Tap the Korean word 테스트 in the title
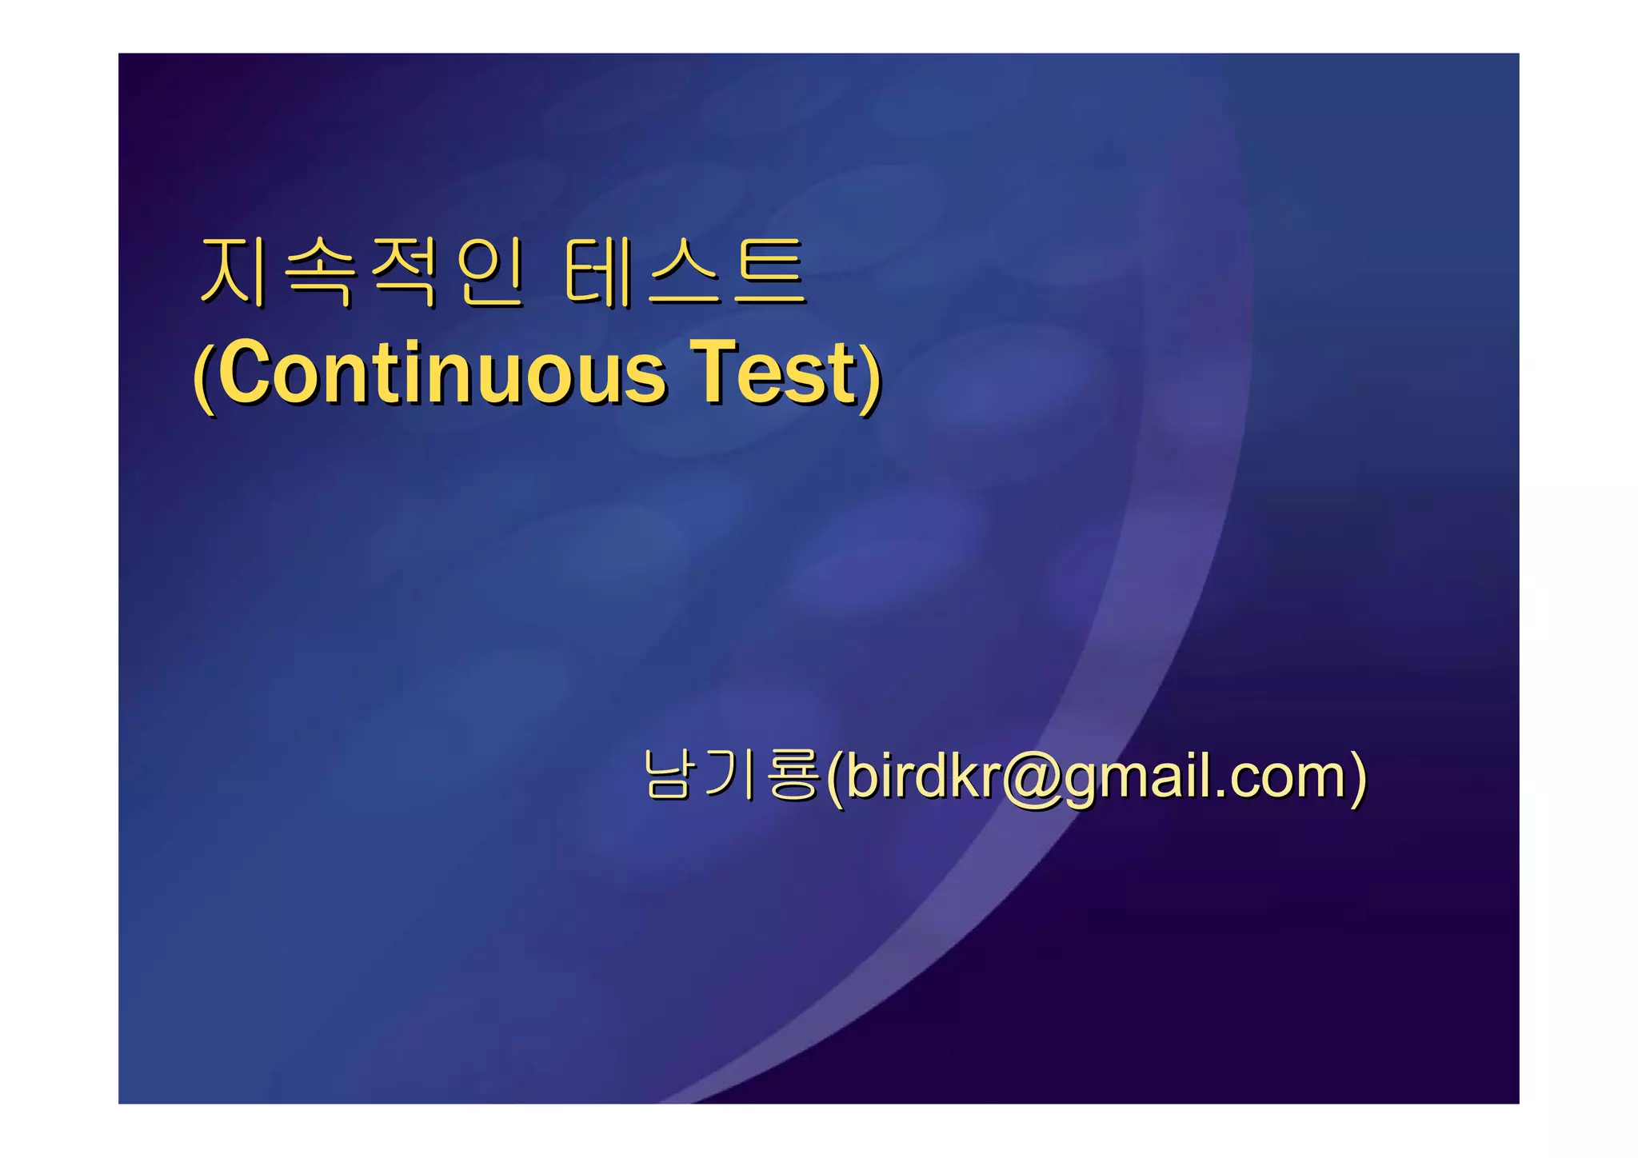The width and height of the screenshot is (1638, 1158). point(684,273)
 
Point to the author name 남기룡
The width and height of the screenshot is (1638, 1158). point(731,775)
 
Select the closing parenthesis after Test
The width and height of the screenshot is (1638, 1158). point(871,376)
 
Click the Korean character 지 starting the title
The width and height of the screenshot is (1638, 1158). point(233,273)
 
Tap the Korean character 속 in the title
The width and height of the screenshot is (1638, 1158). point(319,273)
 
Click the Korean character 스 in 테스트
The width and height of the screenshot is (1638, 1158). point(684,273)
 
